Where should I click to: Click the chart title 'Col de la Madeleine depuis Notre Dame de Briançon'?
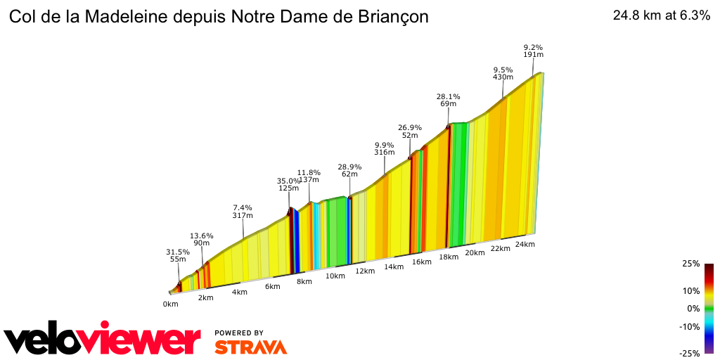pos(218,17)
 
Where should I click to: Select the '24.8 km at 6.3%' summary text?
pos(661,16)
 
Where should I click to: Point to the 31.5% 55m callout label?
pos(178,255)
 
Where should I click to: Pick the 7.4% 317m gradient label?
pos(243,212)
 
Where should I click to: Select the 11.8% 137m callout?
pos(309,176)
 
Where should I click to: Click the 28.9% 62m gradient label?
pos(349,172)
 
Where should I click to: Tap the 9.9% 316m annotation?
pos(385,149)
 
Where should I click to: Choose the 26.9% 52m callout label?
pos(410,131)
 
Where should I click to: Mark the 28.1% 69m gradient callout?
pos(448,100)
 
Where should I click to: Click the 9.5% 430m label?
pos(503,73)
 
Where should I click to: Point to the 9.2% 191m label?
pos(533,51)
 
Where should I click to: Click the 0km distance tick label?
pos(170,304)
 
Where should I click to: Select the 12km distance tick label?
pos(365,271)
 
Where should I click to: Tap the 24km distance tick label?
pos(525,244)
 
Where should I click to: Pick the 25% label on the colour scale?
pos(690,264)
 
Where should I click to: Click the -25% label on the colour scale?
pos(690,353)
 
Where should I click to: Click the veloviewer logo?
pos(103,340)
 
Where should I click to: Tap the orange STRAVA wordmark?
pos(250,347)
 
